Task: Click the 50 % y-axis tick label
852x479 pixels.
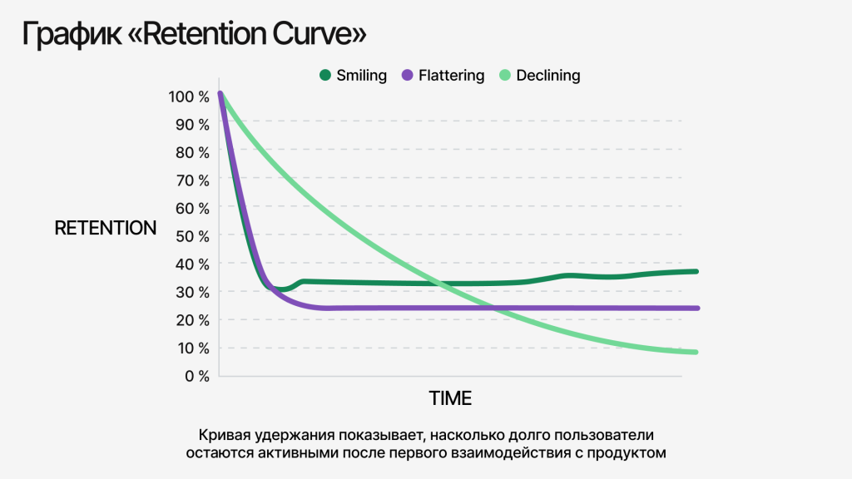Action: (193, 236)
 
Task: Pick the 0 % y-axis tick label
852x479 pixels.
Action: (196, 376)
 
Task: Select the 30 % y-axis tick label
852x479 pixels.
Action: (193, 292)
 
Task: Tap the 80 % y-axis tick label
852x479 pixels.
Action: (193, 152)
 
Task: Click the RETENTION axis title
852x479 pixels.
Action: (106, 228)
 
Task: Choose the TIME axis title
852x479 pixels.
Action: (450, 398)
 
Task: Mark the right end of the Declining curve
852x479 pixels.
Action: (695, 352)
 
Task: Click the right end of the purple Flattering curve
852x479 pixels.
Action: (696, 308)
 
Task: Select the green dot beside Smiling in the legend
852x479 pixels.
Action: (325, 76)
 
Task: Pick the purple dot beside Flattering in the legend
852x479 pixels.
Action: (408, 76)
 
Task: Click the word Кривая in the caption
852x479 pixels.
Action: (221, 435)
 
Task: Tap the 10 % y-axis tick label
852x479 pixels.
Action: (193, 348)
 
